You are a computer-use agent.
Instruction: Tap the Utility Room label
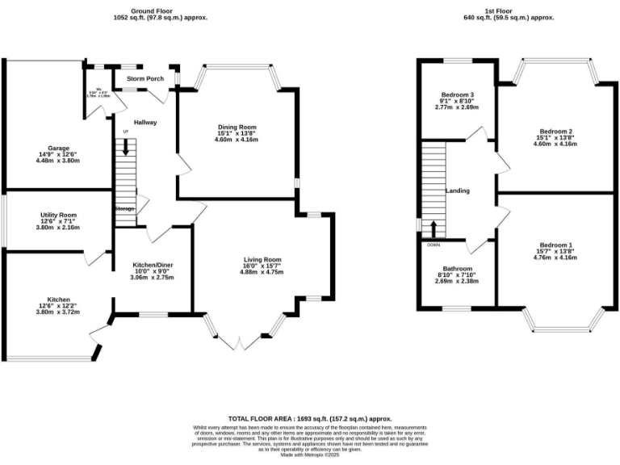point(58,216)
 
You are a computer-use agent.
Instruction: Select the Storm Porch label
point(145,78)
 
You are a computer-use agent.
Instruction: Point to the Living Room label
point(262,259)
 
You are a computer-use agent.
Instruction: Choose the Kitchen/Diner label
point(153,264)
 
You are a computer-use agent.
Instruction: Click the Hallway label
point(145,122)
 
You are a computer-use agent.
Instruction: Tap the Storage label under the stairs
point(124,209)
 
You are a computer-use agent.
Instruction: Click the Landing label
point(458,191)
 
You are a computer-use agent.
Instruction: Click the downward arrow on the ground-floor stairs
point(125,147)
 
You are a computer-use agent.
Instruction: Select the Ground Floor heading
point(155,10)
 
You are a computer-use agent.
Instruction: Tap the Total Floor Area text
point(309,419)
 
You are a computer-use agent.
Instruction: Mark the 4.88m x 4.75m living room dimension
point(262,272)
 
